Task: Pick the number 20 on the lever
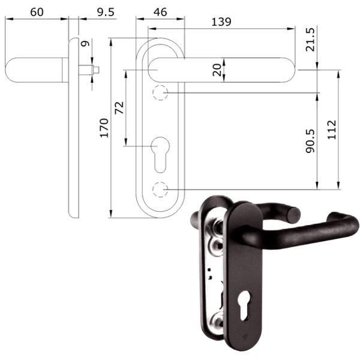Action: pyautogui.click(x=217, y=70)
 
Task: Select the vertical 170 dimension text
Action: pyautogui.click(x=104, y=128)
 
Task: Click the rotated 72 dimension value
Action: pyautogui.click(x=119, y=108)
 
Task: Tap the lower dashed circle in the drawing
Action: pyautogui.click(x=160, y=189)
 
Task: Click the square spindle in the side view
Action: pyautogui.click(x=90, y=70)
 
